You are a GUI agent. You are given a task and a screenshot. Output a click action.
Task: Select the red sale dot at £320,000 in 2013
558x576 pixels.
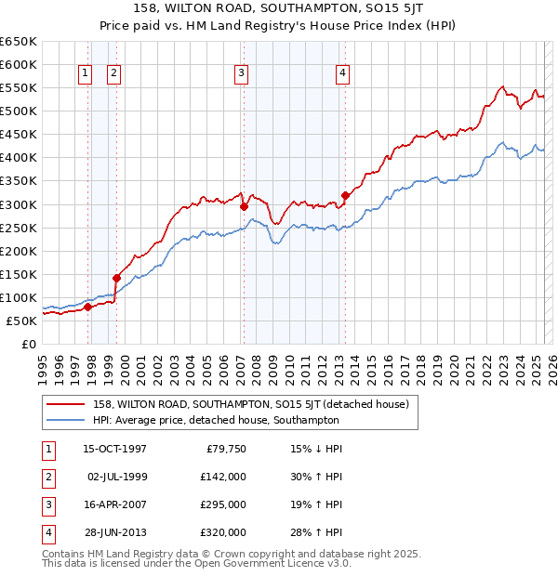[x=345, y=195]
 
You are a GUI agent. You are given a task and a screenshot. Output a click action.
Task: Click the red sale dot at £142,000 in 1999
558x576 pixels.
[x=117, y=278]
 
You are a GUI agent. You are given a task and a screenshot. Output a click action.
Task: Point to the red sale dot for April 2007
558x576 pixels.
[x=244, y=207]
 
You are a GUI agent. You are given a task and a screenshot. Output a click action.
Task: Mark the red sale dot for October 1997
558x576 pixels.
[x=88, y=307]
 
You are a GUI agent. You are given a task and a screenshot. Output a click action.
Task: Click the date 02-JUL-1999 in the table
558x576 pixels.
[x=117, y=477]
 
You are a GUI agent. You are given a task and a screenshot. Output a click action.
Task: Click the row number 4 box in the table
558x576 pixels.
[x=46, y=532]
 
